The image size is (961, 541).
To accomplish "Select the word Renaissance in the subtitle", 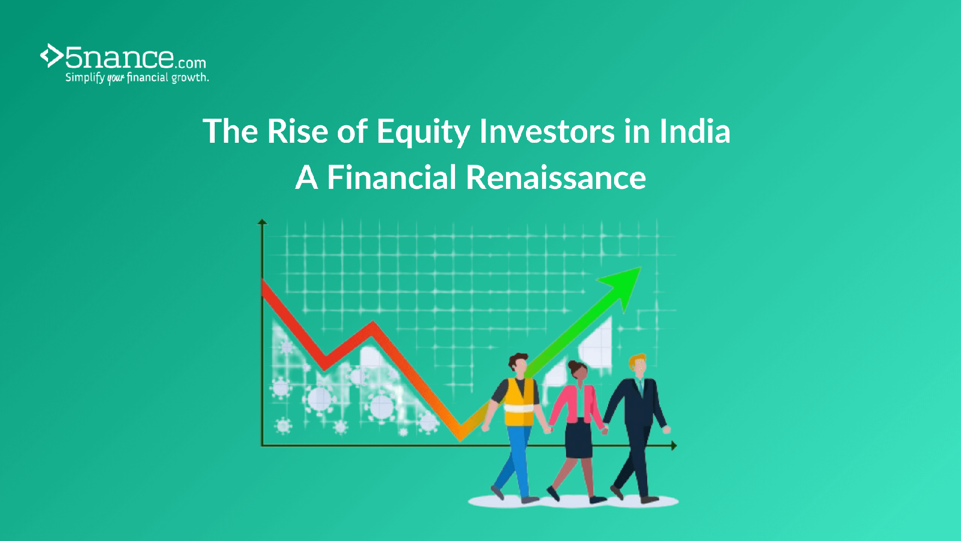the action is pos(556,178).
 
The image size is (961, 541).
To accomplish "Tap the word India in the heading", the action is pos(695,131).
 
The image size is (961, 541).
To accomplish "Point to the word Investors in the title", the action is pos(547,131).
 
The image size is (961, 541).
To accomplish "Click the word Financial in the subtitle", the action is pos(391,178).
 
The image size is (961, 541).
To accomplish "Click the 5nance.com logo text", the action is pos(136,57).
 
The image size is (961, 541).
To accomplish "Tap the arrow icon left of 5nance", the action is pos(52,56).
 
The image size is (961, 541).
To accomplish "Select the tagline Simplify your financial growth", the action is pos(137,78).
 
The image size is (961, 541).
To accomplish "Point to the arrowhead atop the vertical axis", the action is pos(262,221).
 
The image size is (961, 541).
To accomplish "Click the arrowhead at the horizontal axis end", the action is pos(674,445).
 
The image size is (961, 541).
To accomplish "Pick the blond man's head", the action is pos(638,365).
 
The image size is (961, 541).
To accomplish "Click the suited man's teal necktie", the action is pos(640,386).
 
